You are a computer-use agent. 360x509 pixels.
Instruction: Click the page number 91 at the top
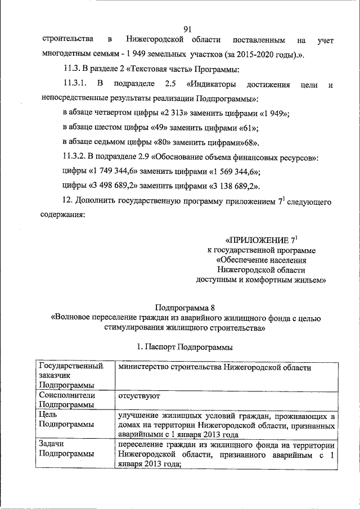188,29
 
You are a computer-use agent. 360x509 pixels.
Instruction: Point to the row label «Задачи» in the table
52,444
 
